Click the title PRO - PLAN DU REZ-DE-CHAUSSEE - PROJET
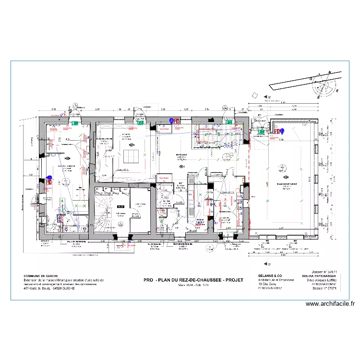click(x=193, y=280)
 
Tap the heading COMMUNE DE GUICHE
click(x=41, y=276)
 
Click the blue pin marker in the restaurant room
click(x=282, y=131)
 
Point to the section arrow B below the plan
click(x=267, y=263)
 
